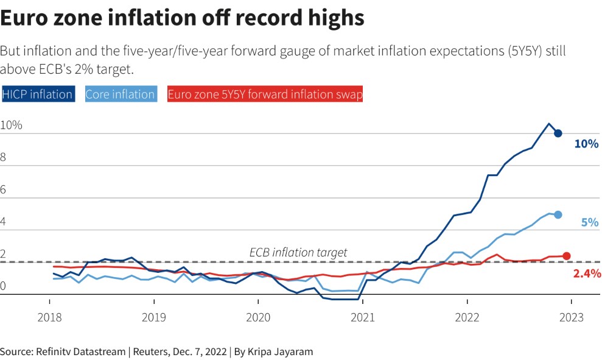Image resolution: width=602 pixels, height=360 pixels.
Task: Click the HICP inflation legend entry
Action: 38,94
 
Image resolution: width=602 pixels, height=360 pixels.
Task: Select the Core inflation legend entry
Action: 120,94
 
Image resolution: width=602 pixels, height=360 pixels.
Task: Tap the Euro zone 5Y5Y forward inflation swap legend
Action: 265,94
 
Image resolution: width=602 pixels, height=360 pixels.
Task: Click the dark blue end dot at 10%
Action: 558,133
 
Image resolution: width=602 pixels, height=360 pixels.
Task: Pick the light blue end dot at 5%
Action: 558,214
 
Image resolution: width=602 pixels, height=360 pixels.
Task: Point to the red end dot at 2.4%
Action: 566,256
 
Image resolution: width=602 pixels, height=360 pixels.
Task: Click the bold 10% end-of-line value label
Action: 586,144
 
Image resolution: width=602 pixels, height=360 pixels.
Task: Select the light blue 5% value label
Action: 590,223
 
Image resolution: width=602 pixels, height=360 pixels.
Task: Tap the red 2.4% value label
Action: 587,274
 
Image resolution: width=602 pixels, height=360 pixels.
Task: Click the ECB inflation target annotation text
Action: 298,252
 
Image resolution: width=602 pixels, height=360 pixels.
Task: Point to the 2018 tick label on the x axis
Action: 50,317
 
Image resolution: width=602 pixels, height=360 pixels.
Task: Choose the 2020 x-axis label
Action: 258,317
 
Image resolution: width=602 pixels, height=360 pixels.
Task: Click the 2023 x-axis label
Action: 571,317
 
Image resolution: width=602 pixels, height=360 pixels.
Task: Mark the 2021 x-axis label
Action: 363,317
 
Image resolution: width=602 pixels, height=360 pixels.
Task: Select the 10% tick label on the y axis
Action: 11,125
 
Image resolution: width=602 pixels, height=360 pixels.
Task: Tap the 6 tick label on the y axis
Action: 4,190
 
